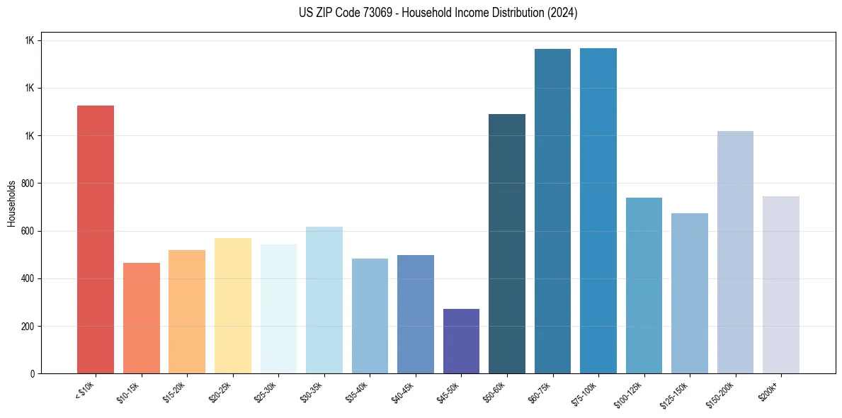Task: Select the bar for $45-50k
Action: pos(461,341)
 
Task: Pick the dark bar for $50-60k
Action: pos(506,244)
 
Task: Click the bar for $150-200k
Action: pos(735,252)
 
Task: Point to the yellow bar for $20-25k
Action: pos(232,305)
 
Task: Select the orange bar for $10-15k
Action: pos(141,318)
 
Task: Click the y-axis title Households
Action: pos(12,203)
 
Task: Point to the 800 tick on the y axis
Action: pos(28,183)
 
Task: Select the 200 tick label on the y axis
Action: pos(28,327)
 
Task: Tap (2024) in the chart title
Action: pos(563,13)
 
